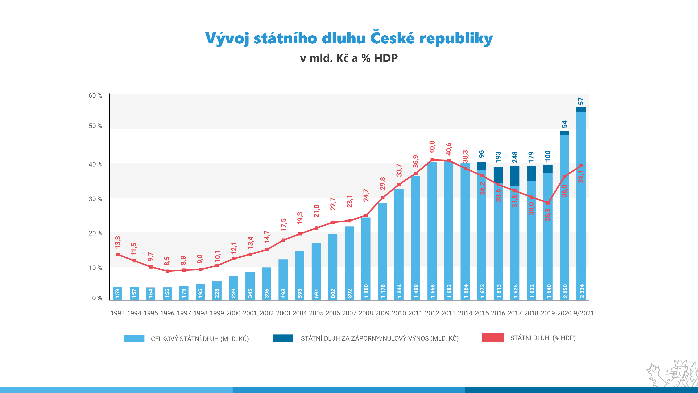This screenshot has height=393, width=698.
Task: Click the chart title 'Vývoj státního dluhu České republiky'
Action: pos(349,38)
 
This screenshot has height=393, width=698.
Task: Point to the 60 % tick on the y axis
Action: pos(95,96)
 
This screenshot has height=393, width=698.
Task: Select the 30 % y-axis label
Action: pos(95,199)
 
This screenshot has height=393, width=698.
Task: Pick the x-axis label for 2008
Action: pos(366,313)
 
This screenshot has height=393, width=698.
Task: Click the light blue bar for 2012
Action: pos(432,231)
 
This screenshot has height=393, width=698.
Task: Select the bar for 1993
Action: pos(118,293)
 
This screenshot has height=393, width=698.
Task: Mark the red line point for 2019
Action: pos(548,203)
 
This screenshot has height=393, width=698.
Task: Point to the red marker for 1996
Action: pos(167,271)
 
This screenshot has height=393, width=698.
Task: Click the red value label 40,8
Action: pos(432,147)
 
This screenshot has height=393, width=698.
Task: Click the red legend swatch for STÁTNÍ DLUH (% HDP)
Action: pos(493,338)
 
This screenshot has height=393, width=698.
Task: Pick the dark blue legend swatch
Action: pos(283,338)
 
